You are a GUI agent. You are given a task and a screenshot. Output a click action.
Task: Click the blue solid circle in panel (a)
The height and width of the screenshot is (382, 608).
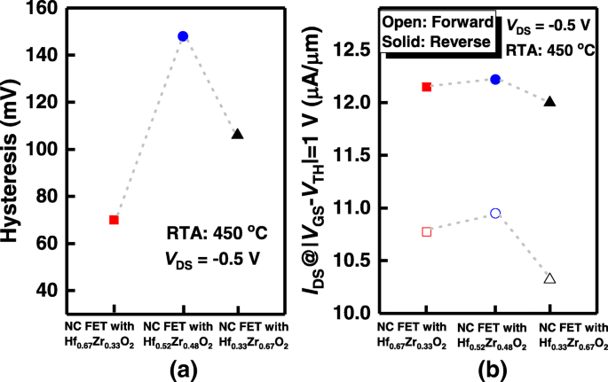point(183,36)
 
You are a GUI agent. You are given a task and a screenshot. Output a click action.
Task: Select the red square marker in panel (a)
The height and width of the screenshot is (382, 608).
point(114,220)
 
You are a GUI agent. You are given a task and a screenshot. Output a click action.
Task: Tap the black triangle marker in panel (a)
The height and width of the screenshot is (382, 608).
point(237,134)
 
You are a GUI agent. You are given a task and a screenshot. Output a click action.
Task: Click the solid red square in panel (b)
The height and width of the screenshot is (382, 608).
point(427,87)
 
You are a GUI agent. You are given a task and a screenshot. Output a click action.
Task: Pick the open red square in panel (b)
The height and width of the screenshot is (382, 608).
point(427,231)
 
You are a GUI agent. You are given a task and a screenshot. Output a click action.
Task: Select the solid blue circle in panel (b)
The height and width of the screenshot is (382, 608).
point(495,79)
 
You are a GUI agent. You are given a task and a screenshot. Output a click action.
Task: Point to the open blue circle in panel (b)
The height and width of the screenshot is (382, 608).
point(495,214)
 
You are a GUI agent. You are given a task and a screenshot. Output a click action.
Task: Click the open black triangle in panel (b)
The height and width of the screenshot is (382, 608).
point(549,278)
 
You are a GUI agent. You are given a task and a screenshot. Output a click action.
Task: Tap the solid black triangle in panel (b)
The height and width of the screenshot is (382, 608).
point(549,101)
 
